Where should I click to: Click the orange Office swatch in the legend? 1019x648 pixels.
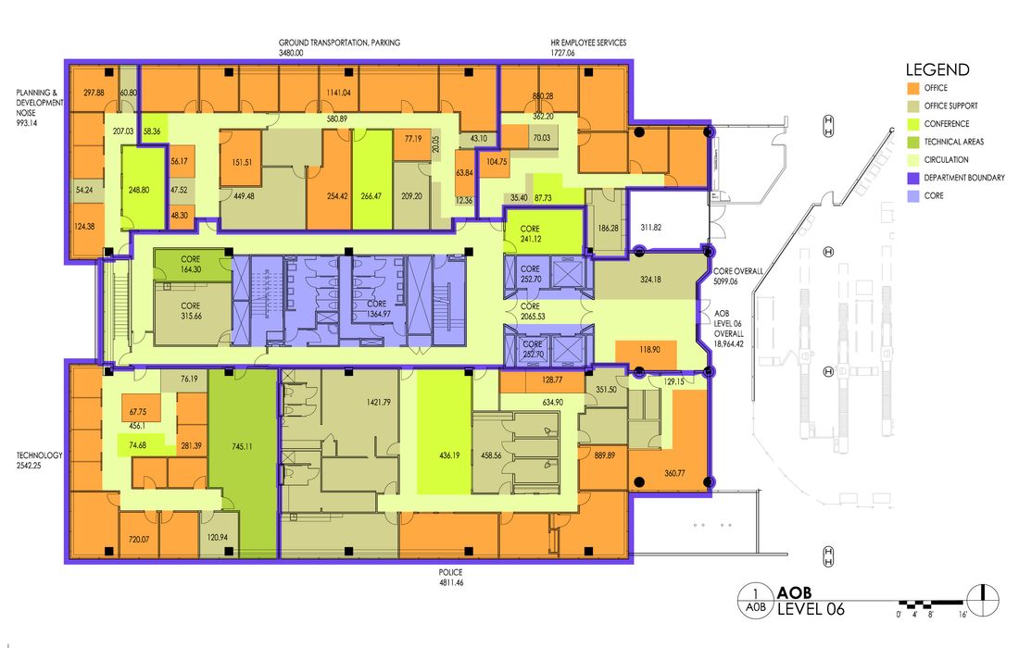[913, 88]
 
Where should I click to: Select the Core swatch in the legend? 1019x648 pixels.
[913, 195]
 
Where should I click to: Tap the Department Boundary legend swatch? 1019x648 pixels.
[913, 178]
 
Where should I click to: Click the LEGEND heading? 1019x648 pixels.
[937, 69]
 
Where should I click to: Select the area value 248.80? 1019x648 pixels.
[139, 191]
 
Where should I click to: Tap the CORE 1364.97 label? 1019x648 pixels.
[378, 309]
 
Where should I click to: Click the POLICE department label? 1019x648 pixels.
[450, 572]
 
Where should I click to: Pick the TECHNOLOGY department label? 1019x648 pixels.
[40, 455]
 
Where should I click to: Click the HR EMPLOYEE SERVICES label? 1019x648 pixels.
[588, 43]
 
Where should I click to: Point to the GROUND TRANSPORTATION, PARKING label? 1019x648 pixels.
[339, 43]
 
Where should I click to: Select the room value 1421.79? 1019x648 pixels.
[379, 403]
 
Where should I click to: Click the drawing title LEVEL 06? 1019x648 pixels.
[811, 609]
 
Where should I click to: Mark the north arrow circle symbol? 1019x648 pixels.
[983, 598]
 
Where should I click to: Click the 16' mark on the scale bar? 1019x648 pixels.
[962, 614]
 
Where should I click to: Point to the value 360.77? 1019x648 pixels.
[674, 473]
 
